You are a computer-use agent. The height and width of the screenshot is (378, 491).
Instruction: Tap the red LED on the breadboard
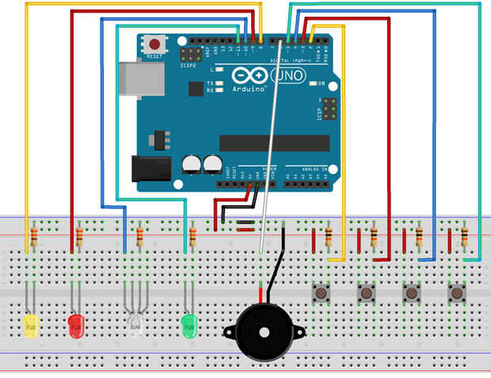[76, 324]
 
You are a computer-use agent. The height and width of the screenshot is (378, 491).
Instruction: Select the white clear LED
[135, 323]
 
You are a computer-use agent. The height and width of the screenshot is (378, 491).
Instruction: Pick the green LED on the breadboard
[188, 323]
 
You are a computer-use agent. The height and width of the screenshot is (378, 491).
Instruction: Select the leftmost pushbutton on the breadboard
[322, 292]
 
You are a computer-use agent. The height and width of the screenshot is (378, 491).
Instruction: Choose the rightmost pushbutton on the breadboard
[456, 292]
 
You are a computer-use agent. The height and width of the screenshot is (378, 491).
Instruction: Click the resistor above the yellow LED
[33, 235]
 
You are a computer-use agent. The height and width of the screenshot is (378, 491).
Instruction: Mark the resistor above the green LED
[192, 235]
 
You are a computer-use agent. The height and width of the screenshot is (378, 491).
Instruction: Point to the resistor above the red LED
[78, 235]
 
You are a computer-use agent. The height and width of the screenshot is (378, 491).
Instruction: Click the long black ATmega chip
[274, 143]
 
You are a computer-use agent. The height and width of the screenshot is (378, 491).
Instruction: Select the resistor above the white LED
[139, 235]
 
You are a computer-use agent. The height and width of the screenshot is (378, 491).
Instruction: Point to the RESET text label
[154, 57]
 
